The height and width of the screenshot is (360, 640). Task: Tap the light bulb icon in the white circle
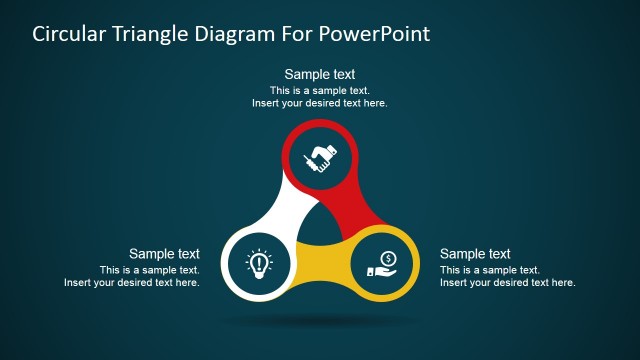pyautogui.click(x=258, y=263)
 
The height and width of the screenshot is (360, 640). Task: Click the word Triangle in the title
pyautogui.click(x=156, y=34)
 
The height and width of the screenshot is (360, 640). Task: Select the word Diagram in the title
pyautogui.click(x=241, y=34)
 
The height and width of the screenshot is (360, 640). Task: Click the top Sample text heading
pyautogui.click(x=320, y=74)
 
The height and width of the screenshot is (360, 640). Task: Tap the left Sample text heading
pyautogui.click(x=164, y=254)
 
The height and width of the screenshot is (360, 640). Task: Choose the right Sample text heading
pyautogui.click(x=475, y=254)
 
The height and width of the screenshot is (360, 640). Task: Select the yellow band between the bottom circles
pyautogui.click(x=320, y=268)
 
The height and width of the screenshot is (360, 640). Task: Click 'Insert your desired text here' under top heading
pyautogui.click(x=320, y=103)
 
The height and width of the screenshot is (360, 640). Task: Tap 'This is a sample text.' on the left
pyautogui.click(x=150, y=270)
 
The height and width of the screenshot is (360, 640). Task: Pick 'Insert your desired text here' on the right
pyautogui.click(x=508, y=283)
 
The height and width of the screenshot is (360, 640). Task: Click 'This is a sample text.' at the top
pyautogui.click(x=320, y=90)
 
